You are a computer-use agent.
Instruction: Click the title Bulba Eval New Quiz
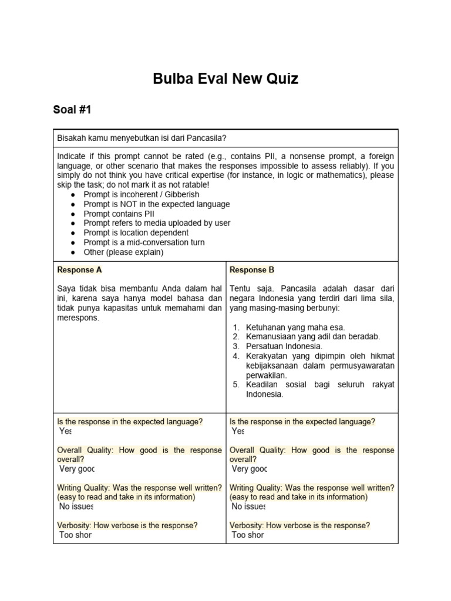(225, 79)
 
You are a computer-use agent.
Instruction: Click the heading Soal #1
(72, 110)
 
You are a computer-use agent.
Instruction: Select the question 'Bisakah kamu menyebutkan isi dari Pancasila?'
(142, 138)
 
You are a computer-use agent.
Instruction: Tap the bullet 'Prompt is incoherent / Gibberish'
(141, 194)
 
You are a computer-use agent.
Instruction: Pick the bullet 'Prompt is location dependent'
(136, 233)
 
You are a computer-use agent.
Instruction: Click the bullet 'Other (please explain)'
(123, 252)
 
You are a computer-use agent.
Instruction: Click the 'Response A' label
(79, 270)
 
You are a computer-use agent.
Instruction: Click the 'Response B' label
(251, 270)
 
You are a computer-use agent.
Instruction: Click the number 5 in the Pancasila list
(235, 384)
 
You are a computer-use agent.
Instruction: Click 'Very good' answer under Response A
(76, 469)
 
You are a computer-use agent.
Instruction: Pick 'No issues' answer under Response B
(248, 507)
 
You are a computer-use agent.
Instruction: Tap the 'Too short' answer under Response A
(76, 535)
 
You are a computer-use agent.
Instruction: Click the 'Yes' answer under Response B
(238, 431)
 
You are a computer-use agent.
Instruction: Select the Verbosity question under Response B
(299, 525)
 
